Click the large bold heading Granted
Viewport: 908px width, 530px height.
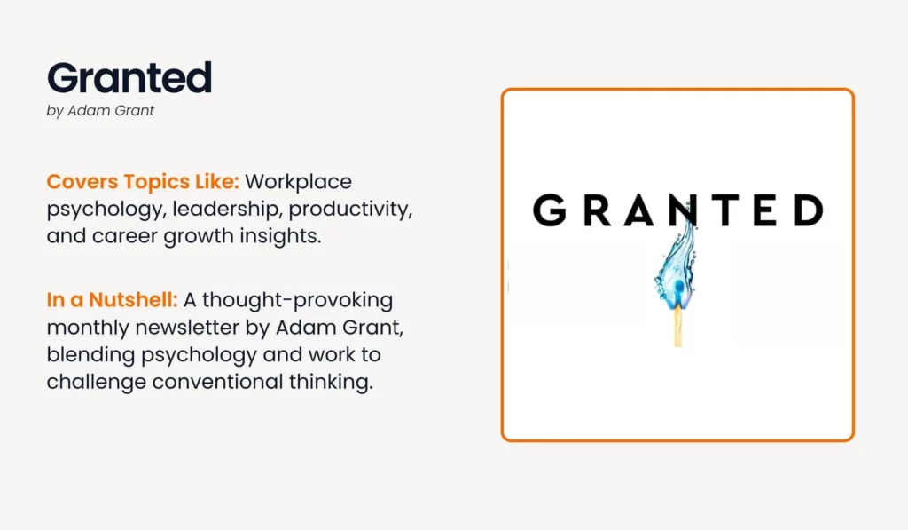(x=129, y=78)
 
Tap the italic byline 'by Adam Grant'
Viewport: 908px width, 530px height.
(x=100, y=111)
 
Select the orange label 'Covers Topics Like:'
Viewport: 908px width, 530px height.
(x=143, y=181)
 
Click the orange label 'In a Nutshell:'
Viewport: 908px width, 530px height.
(x=112, y=300)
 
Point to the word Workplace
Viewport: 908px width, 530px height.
(x=298, y=182)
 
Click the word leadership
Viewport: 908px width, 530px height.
(x=226, y=209)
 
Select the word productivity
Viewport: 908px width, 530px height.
(x=349, y=210)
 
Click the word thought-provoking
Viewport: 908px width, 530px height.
(x=297, y=300)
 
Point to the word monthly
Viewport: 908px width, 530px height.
(x=88, y=328)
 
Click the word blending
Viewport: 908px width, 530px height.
(x=90, y=355)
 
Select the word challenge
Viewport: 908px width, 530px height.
(x=96, y=382)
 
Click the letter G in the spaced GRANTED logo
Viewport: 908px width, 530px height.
(x=549, y=210)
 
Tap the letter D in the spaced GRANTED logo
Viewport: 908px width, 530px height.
(x=809, y=210)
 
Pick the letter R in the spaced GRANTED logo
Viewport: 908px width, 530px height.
(x=597, y=210)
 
